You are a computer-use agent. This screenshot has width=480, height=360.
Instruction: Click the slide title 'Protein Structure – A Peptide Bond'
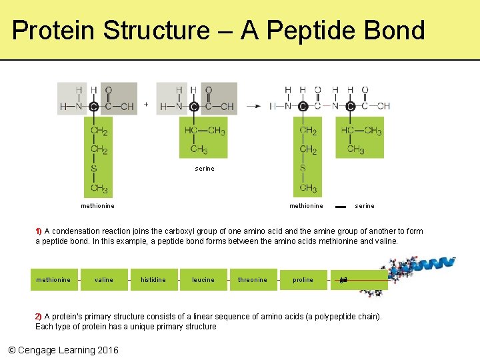tap(218, 31)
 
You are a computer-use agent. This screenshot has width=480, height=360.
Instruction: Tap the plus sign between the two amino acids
tap(146, 105)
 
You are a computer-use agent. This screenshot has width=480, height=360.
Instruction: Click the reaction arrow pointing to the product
tap(253, 106)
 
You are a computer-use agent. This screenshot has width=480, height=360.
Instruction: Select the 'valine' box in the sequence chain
tap(104, 280)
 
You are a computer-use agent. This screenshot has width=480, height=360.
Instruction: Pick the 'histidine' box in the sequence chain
tap(153, 280)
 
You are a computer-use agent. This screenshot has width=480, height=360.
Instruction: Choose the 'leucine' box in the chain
tap(203, 280)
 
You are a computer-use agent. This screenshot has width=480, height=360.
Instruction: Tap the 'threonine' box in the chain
tap(252, 280)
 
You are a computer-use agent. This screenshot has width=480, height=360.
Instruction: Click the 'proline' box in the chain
tap(303, 280)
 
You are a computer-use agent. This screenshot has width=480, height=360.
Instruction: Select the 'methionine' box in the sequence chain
tap(53, 280)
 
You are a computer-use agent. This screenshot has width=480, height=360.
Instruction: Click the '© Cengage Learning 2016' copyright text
tap(63, 350)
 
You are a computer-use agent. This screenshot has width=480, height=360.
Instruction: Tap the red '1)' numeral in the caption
tap(39, 231)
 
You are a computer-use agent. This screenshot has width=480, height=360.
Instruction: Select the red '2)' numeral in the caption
tap(39, 317)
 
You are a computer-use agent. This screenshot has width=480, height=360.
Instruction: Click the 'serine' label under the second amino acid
tap(205, 169)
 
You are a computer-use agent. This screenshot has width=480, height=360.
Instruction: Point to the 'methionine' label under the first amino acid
tap(97, 206)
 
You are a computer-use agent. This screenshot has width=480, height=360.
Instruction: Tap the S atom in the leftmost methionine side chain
tap(94, 169)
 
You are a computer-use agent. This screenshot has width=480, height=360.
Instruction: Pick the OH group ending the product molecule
tap(383, 106)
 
